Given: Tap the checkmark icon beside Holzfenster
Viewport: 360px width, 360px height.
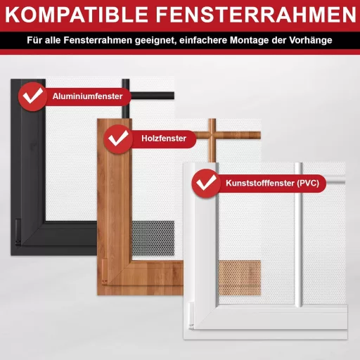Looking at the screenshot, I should [x=117, y=139].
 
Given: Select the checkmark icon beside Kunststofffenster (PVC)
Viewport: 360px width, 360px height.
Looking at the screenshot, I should [x=205, y=184].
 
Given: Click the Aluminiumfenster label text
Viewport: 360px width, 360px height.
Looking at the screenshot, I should [x=88, y=96].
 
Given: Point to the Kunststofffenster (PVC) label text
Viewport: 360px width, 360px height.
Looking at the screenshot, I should [x=271, y=184].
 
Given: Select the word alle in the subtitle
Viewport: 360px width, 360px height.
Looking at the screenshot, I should [x=53, y=41].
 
